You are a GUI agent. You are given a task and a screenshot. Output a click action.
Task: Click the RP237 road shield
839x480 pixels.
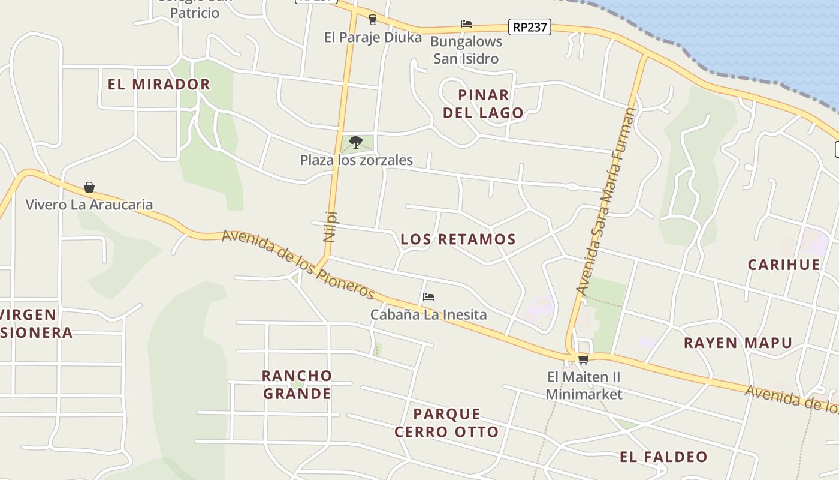[530, 27]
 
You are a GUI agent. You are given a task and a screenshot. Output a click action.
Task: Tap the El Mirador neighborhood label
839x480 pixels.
[159, 84]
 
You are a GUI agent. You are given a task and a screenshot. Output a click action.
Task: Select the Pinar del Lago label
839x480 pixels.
[483, 103]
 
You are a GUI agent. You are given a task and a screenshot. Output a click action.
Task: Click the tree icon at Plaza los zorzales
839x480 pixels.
[356, 142]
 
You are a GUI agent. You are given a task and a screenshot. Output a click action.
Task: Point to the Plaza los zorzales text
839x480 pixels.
[356, 160]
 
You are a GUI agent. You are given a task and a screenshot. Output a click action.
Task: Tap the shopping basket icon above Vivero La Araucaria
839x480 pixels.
[89, 187]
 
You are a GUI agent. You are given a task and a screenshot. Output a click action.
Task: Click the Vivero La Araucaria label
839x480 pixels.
[89, 205]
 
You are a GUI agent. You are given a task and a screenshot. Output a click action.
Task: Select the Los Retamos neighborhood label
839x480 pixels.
[458, 239]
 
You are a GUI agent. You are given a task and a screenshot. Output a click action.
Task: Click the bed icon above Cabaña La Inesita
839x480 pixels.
[428, 297]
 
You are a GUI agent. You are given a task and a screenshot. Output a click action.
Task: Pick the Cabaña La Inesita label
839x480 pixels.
[428, 314]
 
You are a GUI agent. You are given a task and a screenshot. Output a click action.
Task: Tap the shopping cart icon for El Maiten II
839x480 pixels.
[583, 359]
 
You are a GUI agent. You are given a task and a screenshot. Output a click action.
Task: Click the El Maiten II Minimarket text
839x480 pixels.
[584, 385]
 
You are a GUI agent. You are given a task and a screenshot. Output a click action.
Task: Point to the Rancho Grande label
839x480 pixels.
[297, 384]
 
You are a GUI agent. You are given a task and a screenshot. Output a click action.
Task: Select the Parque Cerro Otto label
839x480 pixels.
[446, 422]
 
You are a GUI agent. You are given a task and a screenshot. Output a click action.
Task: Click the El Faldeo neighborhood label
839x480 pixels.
[663, 457]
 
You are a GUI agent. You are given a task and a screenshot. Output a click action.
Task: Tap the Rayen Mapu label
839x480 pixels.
[738, 343]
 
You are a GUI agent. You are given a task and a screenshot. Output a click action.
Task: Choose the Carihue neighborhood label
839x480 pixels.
[784, 265]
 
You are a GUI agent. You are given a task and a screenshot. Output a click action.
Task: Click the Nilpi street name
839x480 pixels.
[330, 226]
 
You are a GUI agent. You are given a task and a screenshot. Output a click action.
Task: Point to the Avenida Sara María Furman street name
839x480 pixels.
[606, 201]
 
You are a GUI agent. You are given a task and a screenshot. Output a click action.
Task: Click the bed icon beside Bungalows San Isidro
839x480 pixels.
[466, 24]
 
